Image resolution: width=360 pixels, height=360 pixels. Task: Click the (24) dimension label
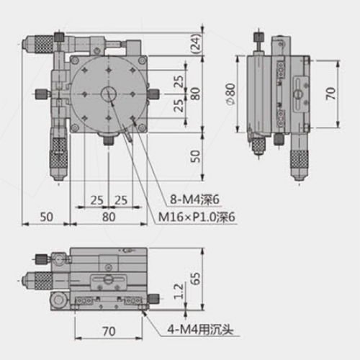tap(197, 45)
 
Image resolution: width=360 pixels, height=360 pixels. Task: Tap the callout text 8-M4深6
tap(194, 199)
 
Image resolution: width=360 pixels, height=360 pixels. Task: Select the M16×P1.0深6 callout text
tap(197, 217)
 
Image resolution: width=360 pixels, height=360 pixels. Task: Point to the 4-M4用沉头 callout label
tap(200, 330)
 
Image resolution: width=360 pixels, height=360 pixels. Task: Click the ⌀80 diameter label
tap(230, 94)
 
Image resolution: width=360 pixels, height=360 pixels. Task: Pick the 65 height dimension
tap(196, 279)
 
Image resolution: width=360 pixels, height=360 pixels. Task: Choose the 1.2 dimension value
tap(179, 292)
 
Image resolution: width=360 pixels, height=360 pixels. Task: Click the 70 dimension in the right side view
tap(330, 94)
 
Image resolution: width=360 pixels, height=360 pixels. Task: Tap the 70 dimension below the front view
tap(109, 331)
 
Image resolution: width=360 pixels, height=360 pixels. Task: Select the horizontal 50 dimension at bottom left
tap(46, 217)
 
